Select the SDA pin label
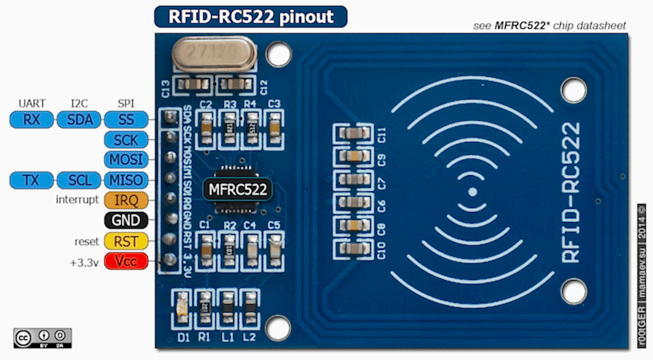(79, 120)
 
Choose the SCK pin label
(126, 140)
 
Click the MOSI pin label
(126, 160)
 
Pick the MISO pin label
(126, 180)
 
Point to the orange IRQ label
(126, 200)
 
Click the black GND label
(126, 221)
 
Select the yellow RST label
(126, 241)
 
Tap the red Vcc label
(126, 261)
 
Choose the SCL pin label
(79, 180)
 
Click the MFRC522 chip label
(238, 189)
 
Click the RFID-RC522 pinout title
(251, 17)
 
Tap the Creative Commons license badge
(42, 337)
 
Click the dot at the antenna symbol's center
(472, 192)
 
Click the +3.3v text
(84, 262)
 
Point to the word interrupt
(77, 200)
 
